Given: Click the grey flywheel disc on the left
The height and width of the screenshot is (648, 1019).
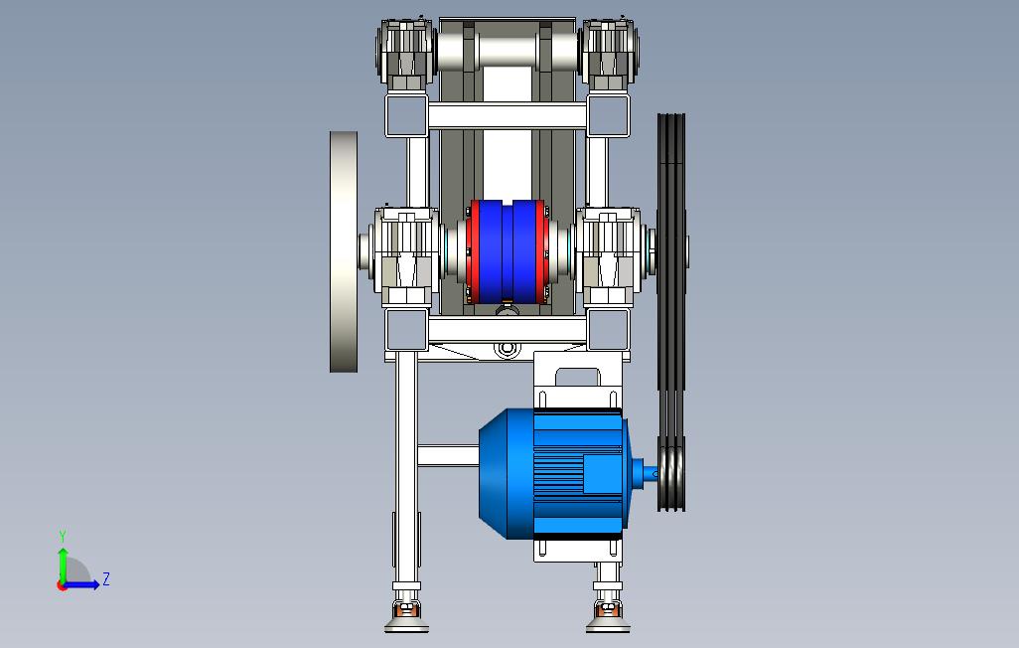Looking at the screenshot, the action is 344,251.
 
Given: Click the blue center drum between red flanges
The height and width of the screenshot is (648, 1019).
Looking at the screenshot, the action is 507,251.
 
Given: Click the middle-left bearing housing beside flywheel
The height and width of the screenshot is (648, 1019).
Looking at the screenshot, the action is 406,256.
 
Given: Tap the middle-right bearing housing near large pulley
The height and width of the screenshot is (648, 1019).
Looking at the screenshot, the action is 610,256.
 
